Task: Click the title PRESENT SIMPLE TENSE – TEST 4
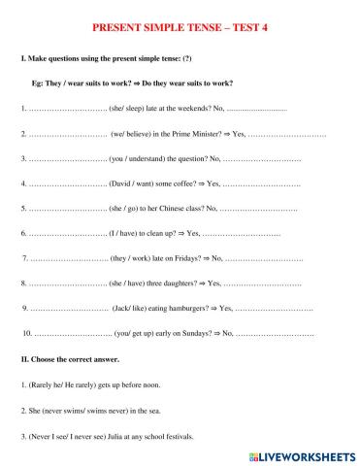click(x=180, y=27)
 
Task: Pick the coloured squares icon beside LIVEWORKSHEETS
click(x=253, y=453)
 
